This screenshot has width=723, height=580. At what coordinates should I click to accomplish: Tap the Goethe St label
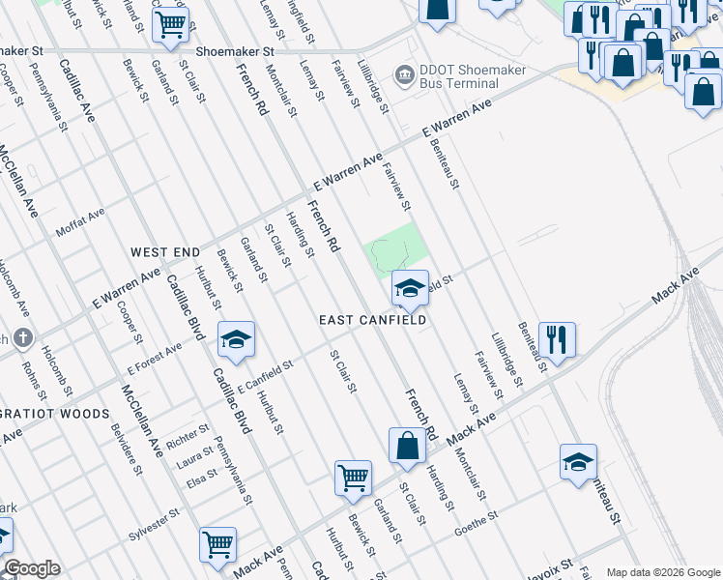pyautogui.click(x=477, y=518)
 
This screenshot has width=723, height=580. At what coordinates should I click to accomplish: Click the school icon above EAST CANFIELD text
pyautogui.click(x=410, y=287)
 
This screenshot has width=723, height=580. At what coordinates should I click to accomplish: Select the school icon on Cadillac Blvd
pyautogui.click(x=236, y=339)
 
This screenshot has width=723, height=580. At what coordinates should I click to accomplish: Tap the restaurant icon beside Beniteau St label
pyautogui.click(x=557, y=339)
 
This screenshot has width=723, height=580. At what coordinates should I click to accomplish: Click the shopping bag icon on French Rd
pyautogui.click(x=408, y=446)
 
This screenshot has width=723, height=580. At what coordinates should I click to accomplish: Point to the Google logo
pyautogui.click(x=32, y=568)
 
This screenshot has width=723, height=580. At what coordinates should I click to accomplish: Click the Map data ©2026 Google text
pyautogui.click(x=663, y=571)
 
